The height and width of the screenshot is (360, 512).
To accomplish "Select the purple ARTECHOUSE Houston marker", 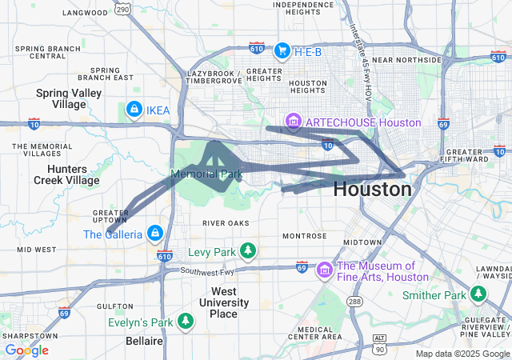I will [294, 122].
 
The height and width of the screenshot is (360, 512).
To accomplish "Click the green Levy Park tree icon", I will [248, 252].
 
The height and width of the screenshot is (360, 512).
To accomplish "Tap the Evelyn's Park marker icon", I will [186, 322].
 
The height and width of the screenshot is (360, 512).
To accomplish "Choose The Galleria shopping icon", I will [155, 234].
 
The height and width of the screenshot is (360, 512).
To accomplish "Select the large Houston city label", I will [372, 190].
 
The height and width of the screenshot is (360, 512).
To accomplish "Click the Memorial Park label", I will [206, 174].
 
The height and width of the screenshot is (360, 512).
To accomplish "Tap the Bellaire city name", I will [145, 341].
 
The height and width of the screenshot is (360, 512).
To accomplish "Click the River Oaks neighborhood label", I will [225, 223].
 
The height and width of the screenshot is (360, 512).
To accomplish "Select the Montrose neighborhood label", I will [303, 236].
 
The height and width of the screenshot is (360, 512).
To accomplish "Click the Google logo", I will [26, 350].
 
